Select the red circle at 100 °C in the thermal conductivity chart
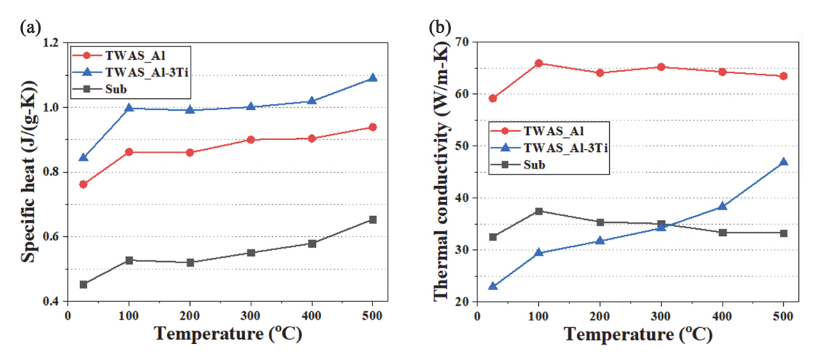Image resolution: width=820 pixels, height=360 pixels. coord(538,63)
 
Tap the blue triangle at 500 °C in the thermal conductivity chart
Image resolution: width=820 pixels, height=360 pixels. coord(783,162)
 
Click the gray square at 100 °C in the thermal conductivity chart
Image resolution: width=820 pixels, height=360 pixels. coord(538,211)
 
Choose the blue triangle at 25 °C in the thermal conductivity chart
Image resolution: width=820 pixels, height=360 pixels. coord(493,285)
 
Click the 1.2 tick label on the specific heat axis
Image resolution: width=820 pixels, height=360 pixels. coord(51,43)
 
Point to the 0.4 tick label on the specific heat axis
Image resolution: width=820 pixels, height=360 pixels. coord(51,302)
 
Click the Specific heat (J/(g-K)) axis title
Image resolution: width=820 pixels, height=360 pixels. coord(29,172)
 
